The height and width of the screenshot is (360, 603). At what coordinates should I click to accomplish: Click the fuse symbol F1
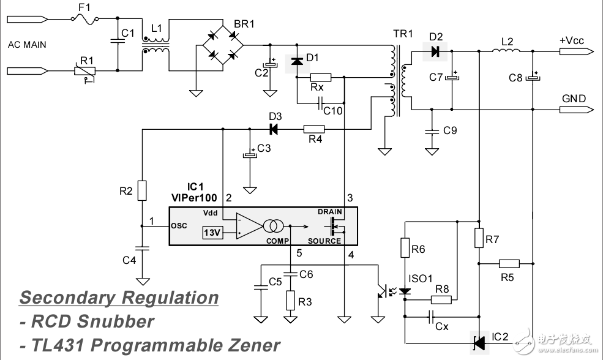pyautogui.click(x=85, y=18)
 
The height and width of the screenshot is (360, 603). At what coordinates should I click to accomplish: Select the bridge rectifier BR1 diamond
pyautogui.click(x=223, y=45)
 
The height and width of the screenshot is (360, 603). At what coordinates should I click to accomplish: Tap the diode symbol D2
pyautogui.click(x=435, y=51)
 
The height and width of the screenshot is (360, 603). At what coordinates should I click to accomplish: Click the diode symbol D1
pyautogui.click(x=297, y=61)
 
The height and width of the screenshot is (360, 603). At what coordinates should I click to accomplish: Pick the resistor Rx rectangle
pyautogui.click(x=321, y=77)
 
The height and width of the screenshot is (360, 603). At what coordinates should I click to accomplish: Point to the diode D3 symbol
pyautogui.click(x=274, y=129)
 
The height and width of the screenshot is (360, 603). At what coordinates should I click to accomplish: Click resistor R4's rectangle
pyautogui.click(x=314, y=129)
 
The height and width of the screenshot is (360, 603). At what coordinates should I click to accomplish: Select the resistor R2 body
pyautogui.click(x=142, y=190)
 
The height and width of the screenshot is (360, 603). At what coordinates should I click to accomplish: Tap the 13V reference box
pyautogui.click(x=212, y=232)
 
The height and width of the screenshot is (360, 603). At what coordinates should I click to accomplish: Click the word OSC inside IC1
pyautogui.click(x=179, y=226)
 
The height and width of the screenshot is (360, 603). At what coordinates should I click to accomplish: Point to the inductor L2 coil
pyautogui.click(x=506, y=50)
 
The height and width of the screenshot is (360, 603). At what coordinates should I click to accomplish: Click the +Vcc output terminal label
pyautogui.click(x=571, y=41)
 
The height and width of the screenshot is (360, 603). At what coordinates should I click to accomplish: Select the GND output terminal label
pyautogui.click(x=574, y=99)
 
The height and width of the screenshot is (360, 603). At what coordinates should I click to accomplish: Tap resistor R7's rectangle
pyautogui.click(x=479, y=238)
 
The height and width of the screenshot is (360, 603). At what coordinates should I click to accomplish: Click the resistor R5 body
pyautogui.click(x=509, y=263)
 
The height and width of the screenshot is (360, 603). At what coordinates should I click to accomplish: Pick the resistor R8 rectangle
pyautogui.click(x=441, y=299)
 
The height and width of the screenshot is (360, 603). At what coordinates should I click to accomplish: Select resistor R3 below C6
pyautogui.click(x=290, y=301)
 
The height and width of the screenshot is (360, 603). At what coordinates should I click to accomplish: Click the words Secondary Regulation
pyautogui.click(x=119, y=298)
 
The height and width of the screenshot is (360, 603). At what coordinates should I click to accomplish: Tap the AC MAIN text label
pyautogui.click(x=27, y=45)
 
